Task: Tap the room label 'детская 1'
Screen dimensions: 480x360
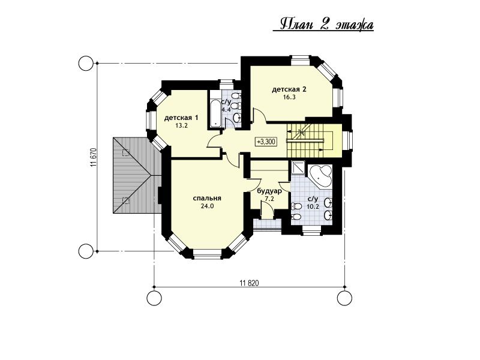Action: (x=181, y=118)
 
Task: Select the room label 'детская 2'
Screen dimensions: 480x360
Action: (x=289, y=89)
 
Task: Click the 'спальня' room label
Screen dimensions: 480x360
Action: (x=207, y=199)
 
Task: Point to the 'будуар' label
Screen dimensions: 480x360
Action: (x=269, y=191)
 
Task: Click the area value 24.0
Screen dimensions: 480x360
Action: (x=207, y=206)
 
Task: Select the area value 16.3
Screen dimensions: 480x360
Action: (x=289, y=97)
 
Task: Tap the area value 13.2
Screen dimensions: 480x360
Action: (x=181, y=125)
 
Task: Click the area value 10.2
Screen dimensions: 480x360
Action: (x=313, y=206)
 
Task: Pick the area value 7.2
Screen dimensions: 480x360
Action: (x=269, y=199)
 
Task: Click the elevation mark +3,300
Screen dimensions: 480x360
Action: (x=266, y=142)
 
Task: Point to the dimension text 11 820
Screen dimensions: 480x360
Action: (x=249, y=283)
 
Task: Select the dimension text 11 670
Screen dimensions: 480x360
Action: (x=94, y=158)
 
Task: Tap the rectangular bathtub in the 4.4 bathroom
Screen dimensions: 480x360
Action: (x=215, y=113)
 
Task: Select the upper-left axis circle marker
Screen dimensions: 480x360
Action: (x=85, y=64)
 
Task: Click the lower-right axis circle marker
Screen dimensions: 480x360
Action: (x=344, y=298)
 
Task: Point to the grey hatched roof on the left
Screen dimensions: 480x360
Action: (x=137, y=175)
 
